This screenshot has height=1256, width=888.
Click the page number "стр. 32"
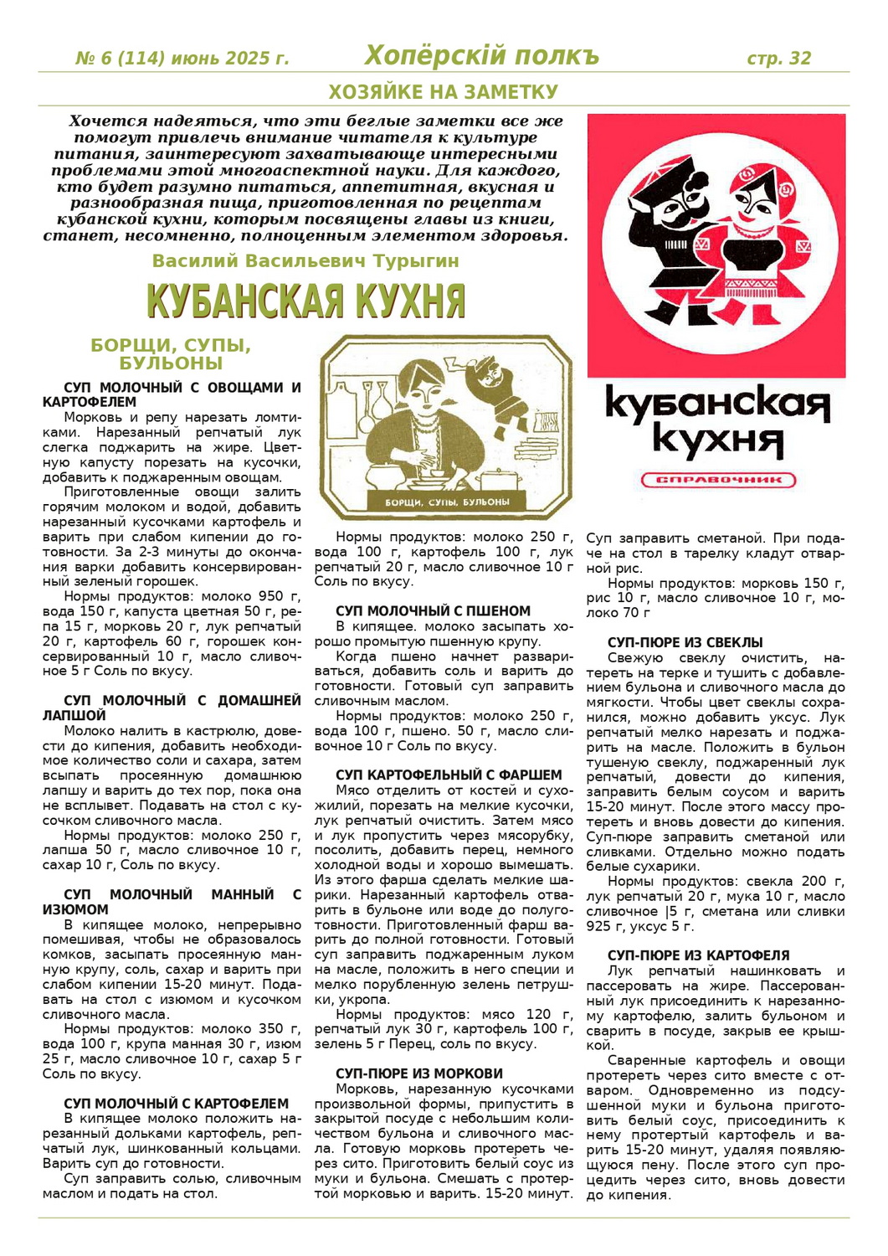tap(778, 59)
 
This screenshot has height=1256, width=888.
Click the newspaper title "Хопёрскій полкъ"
tap(481, 56)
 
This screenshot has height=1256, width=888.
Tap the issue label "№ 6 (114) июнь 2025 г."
tap(182, 59)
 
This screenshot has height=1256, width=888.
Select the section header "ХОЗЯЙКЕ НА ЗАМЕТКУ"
tap(443, 91)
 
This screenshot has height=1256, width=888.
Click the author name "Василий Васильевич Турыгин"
tap(305, 261)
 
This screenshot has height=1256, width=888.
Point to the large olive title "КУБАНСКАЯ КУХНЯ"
tap(305, 301)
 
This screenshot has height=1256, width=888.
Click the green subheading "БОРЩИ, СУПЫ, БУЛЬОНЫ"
tap(171, 354)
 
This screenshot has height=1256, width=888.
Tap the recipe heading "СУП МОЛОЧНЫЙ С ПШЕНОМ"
tap(433, 611)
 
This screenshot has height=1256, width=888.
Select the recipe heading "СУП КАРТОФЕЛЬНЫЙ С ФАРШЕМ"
tap(449, 775)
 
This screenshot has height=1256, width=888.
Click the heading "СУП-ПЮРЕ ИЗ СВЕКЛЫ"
tap(685, 643)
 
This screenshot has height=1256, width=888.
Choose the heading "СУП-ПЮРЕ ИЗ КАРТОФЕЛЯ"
tap(698, 955)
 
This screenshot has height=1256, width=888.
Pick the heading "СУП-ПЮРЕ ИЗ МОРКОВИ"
tap(419, 1073)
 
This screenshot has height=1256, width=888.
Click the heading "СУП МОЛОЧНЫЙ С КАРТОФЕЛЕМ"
tap(176, 1104)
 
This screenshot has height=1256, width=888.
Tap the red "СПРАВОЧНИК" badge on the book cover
tap(717, 481)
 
